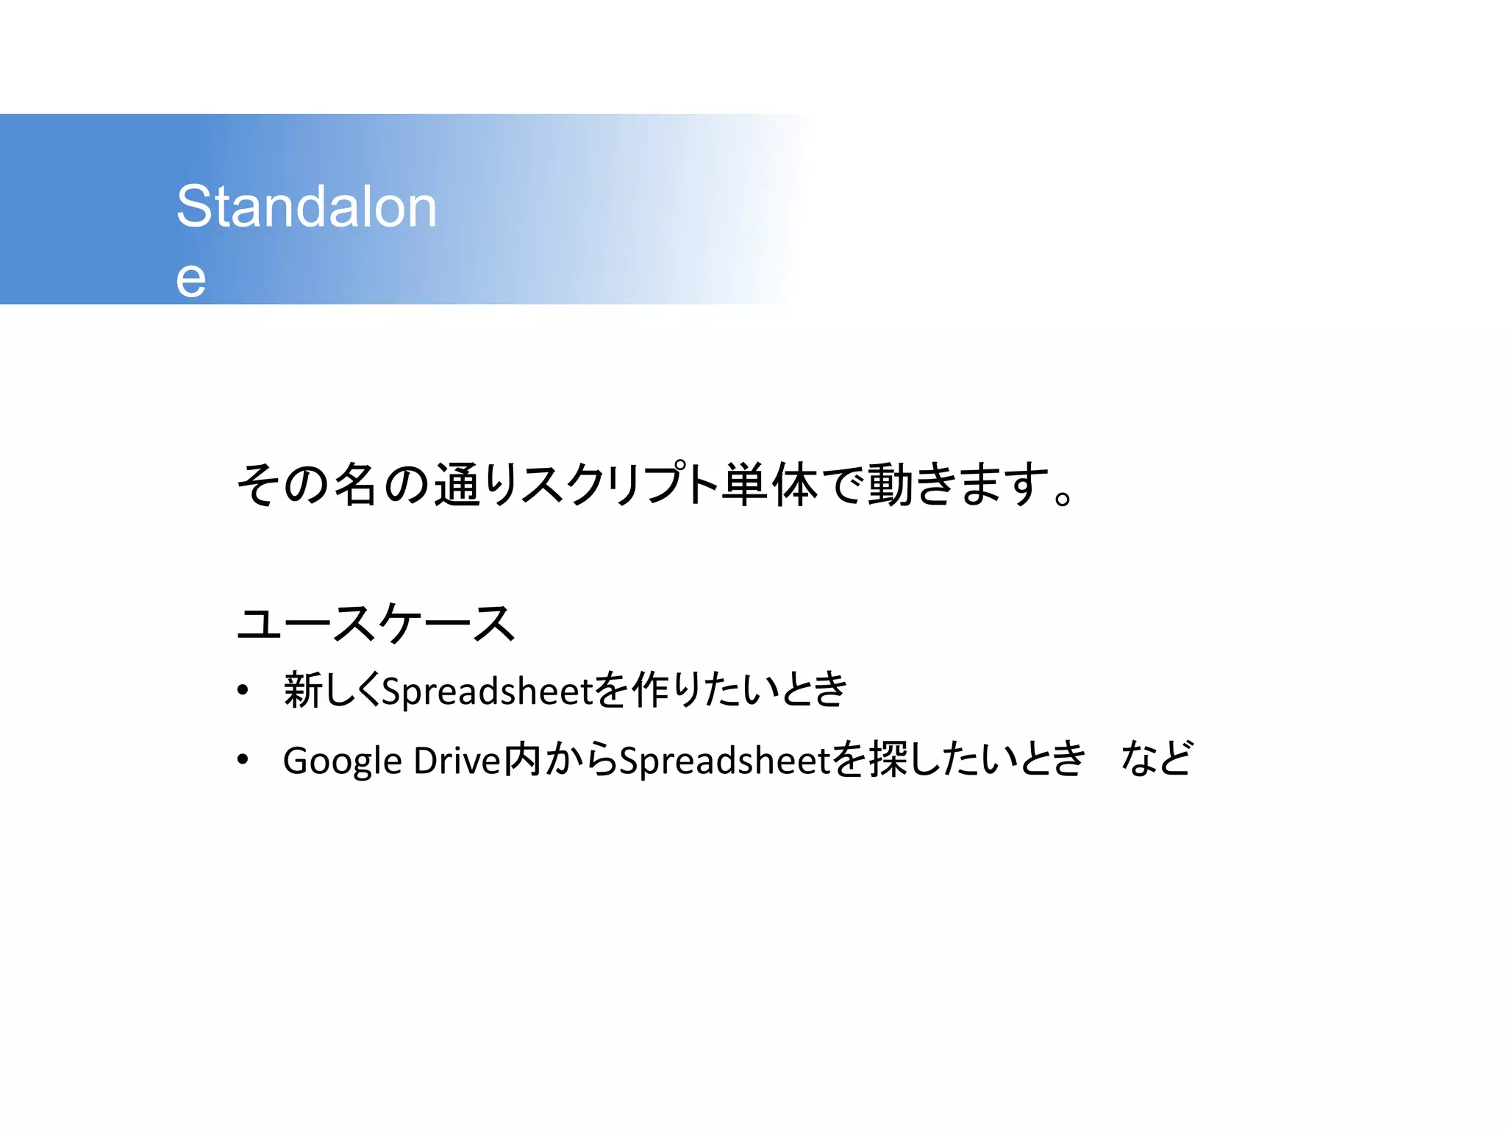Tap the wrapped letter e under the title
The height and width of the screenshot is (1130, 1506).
[x=190, y=280]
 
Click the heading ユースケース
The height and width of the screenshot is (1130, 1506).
[x=376, y=623]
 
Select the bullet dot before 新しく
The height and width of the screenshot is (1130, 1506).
[x=243, y=691]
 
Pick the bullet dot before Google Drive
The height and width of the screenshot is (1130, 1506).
[x=243, y=760]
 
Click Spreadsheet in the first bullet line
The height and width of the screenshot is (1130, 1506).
[x=487, y=691]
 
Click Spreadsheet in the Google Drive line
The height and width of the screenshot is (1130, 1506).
[x=724, y=760]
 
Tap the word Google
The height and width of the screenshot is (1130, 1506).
[x=342, y=761]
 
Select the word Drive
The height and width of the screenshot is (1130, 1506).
[x=457, y=760]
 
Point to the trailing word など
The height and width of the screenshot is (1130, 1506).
[x=1155, y=758]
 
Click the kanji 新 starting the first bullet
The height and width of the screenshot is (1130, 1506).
[x=304, y=690]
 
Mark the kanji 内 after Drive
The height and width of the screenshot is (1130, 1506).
[x=523, y=759]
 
